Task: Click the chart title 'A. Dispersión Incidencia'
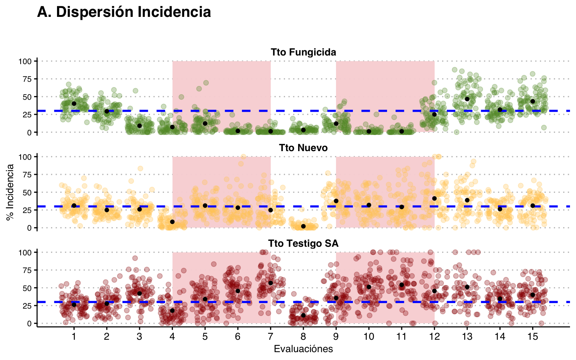[124, 12]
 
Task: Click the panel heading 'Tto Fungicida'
[303, 52]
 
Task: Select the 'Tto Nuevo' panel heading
[303, 148]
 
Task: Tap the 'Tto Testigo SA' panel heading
[303, 243]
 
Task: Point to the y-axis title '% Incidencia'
[10, 192]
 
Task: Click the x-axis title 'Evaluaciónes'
[303, 349]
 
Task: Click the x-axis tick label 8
[303, 336]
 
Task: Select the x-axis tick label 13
[467, 336]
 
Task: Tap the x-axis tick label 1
[74, 336]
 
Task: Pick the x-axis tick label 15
[532, 336]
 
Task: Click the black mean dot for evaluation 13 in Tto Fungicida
[467, 99]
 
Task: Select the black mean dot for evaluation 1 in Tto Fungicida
[74, 103]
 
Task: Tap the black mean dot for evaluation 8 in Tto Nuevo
[303, 226]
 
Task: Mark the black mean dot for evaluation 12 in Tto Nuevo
[434, 198]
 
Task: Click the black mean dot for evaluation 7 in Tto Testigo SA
[270, 283]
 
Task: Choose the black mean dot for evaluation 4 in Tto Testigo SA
[172, 310]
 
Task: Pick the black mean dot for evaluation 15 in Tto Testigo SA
[532, 295]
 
